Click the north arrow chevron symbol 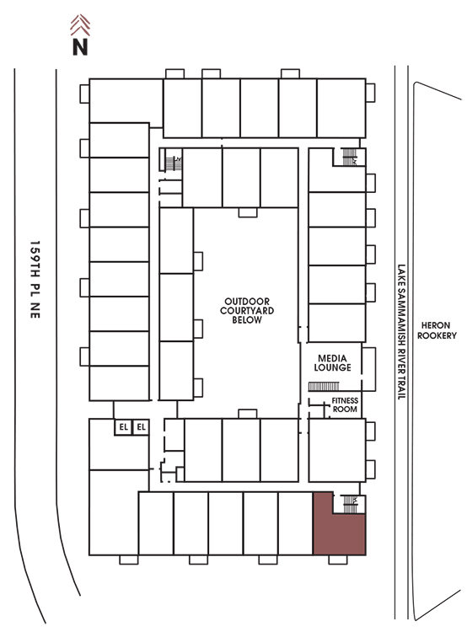[x=80, y=25]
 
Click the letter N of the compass [x=80, y=47]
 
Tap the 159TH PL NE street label [x=35, y=280]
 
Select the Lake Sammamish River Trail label [x=401, y=332]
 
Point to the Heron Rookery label [x=437, y=330]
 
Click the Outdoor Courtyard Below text [x=247, y=310]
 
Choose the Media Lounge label [x=332, y=362]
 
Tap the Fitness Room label [x=345, y=404]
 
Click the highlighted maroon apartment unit [x=339, y=528]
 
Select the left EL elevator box [x=123, y=427]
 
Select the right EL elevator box [x=141, y=427]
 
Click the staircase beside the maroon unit [x=350, y=504]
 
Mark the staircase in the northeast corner [x=350, y=157]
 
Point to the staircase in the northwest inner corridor [x=174, y=163]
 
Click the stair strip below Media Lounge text [x=324, y=387]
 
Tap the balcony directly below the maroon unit [x=338, y=560]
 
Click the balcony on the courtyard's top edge [x=248, y=212]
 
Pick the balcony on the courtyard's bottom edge [x=248, y=414]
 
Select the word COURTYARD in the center [x=247, y=311]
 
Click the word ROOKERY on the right [x=437, y=335]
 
